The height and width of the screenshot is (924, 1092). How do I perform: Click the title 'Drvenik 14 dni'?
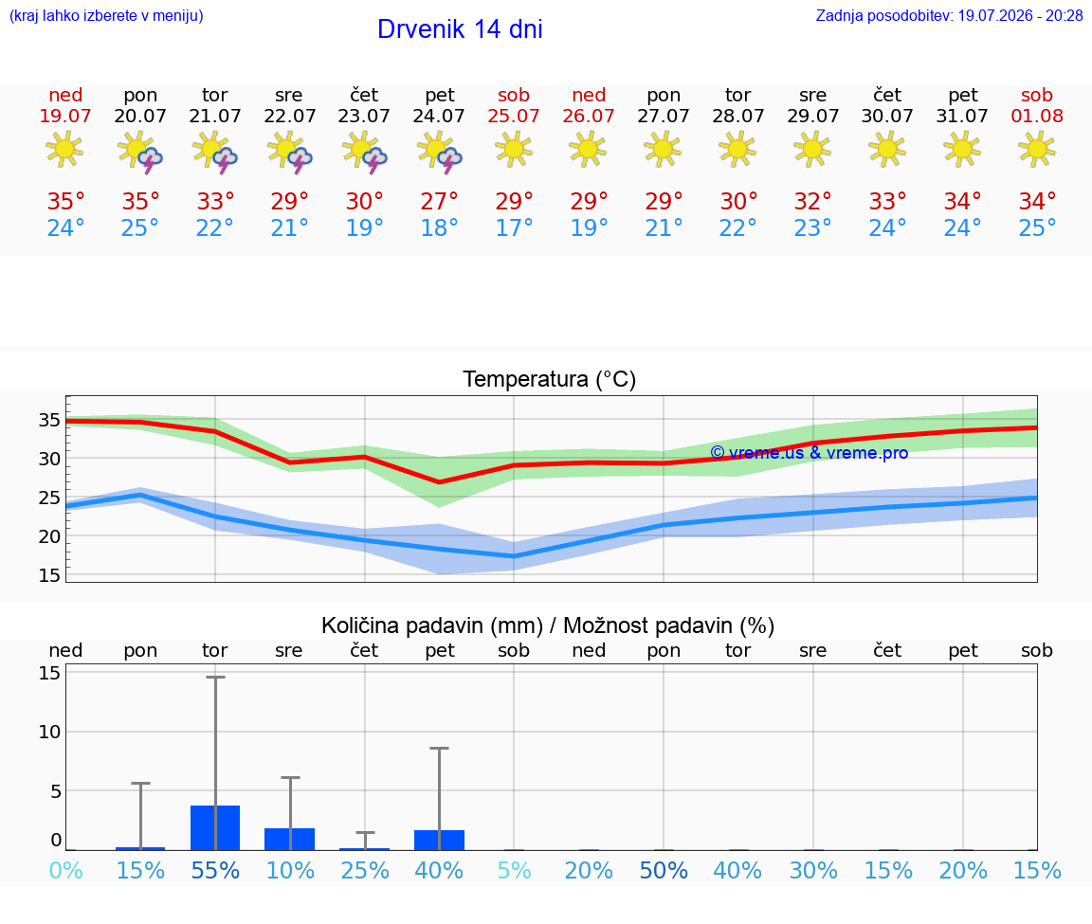coord(460,29)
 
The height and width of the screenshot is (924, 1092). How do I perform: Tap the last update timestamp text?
coord(949,15)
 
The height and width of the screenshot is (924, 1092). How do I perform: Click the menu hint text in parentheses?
coord(106,15)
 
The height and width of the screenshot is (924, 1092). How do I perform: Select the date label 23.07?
coord(364,116)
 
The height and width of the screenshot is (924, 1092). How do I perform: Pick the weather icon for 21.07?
coord(215,151)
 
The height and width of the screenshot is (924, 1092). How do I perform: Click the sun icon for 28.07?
coord(737,150)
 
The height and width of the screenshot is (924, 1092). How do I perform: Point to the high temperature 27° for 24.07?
coord(439,201)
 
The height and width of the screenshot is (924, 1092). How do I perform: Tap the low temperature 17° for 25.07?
coord(514,227)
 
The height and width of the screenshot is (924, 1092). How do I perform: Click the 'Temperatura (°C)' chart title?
coord(550,379)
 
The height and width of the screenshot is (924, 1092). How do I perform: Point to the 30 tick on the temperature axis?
coord(49,459)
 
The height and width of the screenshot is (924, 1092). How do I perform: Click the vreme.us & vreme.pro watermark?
coord(810,453)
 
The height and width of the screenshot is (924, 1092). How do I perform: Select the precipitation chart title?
coord(548,625)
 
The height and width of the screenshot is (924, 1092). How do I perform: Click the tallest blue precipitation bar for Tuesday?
coord(215,828)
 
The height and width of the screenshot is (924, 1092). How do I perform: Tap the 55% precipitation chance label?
coord(215,870)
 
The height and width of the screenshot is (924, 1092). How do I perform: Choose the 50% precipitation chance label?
coord(664,870)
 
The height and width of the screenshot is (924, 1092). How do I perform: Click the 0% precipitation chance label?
coord(66,870)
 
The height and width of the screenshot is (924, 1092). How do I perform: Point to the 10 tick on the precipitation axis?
coord(49,732)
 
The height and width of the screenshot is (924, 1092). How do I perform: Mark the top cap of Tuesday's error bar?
coord(215,677)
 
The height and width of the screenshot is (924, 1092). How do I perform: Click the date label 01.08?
coord(1037,116)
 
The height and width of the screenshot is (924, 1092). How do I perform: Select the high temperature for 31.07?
coord(962,201)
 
